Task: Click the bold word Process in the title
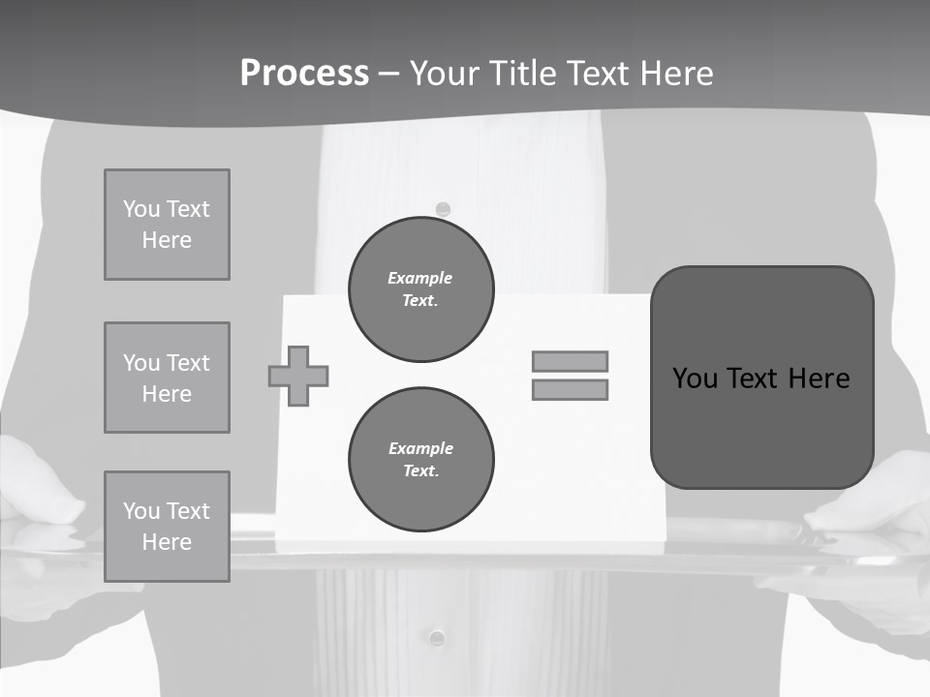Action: [x=304, y=74]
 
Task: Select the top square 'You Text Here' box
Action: [x=167, y=225]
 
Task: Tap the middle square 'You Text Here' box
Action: [x=167, y=378]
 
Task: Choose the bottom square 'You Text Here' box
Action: [x=167, y=527]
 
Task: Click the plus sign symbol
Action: [x=298, y=376]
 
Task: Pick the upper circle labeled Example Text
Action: [x=420, y=289]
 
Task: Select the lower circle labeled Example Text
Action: [x=420, y=460]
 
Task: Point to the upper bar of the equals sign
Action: [x=570, y=362]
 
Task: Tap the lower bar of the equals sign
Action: [x=570, y=390]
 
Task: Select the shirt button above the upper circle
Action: [x=443, y=209]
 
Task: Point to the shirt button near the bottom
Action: [x=437, y=637]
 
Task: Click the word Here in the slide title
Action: [x=677, y=74]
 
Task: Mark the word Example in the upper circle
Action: [x=420, y=278]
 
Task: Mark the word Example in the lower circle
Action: [x=420, y=448]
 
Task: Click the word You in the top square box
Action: [x=140, y=209]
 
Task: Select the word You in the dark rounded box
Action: [x=695, y=379]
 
